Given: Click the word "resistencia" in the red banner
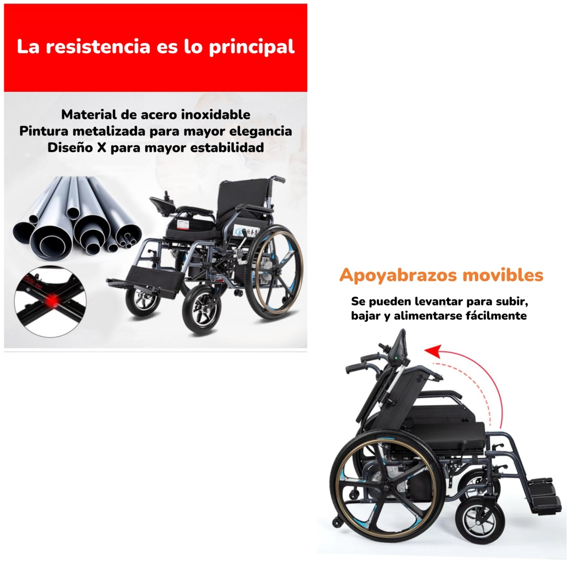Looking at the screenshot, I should [x=98, y=47].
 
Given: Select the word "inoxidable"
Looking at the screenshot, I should [x=216, y=115].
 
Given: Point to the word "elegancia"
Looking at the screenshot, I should [x=260, y=131].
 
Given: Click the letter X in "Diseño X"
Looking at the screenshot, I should [x=102, y=147].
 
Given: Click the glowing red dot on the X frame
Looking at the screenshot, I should [x=53, y=301].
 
